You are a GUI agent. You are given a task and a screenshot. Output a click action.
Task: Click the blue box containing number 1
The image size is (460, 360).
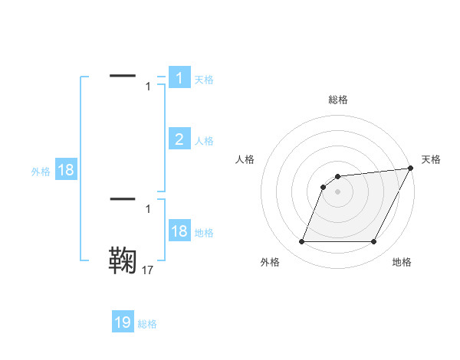point(179,78)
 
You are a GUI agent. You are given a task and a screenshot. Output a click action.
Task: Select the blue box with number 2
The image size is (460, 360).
point(179,139)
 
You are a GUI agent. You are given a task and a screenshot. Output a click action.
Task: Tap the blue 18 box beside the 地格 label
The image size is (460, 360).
point(179,231)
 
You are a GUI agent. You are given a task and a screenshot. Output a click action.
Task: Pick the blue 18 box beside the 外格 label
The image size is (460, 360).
point(66,170)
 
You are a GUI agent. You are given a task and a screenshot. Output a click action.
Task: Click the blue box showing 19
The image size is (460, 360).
point(123,322)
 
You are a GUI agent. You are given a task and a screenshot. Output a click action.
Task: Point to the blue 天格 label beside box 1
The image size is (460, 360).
point(204,80)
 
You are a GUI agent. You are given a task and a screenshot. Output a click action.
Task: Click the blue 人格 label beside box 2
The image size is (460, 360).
point(204,141)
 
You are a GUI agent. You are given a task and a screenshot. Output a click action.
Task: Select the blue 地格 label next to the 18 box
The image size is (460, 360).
point(204,233)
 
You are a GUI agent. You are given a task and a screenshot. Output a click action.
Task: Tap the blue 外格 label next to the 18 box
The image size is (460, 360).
point(41,172)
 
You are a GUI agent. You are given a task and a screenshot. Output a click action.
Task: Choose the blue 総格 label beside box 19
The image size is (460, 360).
point(147,324)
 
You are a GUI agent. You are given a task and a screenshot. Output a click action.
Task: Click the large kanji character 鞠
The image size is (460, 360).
point(123,260)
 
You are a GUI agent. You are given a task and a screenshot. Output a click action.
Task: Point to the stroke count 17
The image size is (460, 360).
point(148,270)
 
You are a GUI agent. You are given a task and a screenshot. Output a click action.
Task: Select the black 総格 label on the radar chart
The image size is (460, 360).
point(337,100)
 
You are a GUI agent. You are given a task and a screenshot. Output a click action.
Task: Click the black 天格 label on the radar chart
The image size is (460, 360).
point(431,159)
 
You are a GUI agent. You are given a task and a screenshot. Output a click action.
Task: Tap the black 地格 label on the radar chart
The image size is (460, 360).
point(402,262)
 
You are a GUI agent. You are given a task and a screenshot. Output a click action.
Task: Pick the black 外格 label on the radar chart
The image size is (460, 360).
point(270,262)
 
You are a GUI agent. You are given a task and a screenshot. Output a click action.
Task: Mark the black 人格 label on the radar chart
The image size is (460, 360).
point(245,159)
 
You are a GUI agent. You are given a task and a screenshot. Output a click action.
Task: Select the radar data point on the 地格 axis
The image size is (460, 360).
point(374,242)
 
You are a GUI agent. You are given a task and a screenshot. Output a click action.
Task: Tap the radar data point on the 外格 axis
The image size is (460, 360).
point(302,242)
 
